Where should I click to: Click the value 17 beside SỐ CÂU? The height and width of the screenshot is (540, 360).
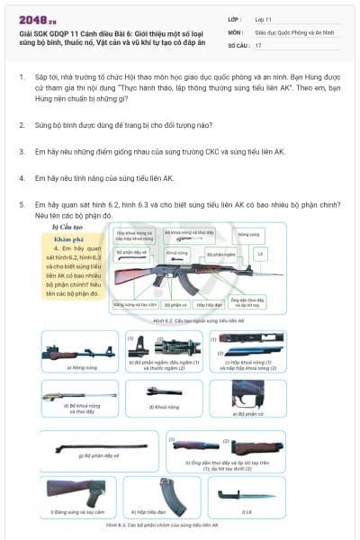(259, 44)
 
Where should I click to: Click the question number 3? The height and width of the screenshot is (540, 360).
(22, 152)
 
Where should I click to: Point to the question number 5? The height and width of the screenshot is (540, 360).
(22, 205)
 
